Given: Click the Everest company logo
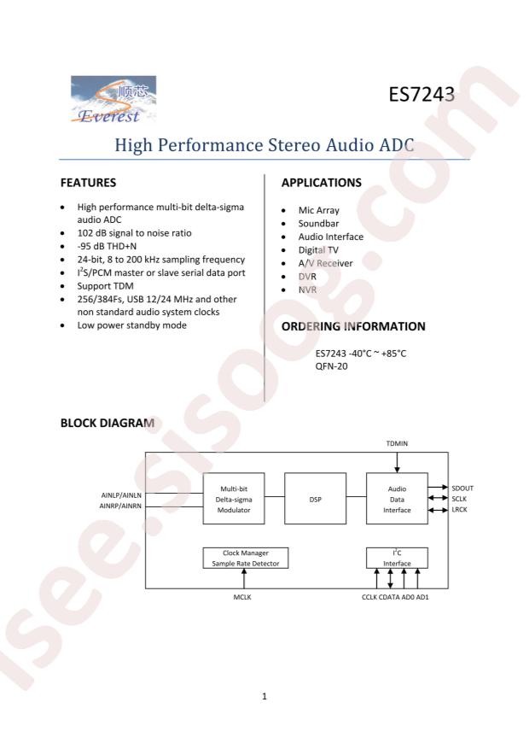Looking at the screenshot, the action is click(113, 100).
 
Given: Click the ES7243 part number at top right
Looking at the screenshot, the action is click(421, 95).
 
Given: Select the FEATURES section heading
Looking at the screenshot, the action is click(88, 183).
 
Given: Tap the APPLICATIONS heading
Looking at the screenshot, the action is click(322, 183).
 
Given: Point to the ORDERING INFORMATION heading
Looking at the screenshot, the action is click(353, 326).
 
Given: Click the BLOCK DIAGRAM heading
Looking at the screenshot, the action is click(108, 423).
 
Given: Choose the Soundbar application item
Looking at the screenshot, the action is click(318, 223).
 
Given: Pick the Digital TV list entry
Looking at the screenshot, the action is click(318, 250).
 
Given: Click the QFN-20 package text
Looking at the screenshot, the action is click(332, 366).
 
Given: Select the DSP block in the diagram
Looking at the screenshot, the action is click(316, 499).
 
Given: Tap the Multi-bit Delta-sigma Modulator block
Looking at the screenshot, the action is click(234, 499).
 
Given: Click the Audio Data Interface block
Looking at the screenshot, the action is click(397, 499).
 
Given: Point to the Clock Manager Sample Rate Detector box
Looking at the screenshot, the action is click(246, 558).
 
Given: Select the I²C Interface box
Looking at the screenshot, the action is click(397, 558).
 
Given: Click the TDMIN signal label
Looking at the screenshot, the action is click(397, 443).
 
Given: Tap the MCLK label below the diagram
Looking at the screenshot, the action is click(242, 597).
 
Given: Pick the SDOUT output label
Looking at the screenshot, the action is click(462, 489).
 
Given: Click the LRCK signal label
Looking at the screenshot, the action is click(459, 509).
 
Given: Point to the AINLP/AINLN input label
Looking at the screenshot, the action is click(121, 495).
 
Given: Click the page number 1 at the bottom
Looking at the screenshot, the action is click(264, 696).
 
